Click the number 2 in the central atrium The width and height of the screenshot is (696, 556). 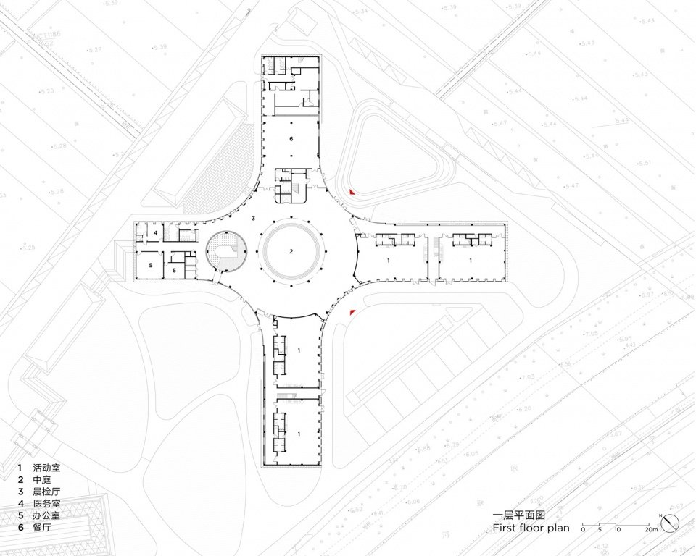point(291,252)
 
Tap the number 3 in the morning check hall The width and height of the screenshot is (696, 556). point(253,218)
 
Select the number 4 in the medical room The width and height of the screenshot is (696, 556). point(155,232)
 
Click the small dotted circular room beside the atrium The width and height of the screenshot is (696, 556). point(228,250)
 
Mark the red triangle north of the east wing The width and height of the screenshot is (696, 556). point(352,193)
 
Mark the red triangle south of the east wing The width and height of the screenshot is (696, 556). point(352,312)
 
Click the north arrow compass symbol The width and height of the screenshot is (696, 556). point(671,522)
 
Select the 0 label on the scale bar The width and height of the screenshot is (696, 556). point(583,530)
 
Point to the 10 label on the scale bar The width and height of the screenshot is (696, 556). point(617,530)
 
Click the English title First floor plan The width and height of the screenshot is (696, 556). point(531,528)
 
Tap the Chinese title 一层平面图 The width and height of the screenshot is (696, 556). point(517,515)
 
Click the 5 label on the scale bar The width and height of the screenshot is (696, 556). point(600,530)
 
